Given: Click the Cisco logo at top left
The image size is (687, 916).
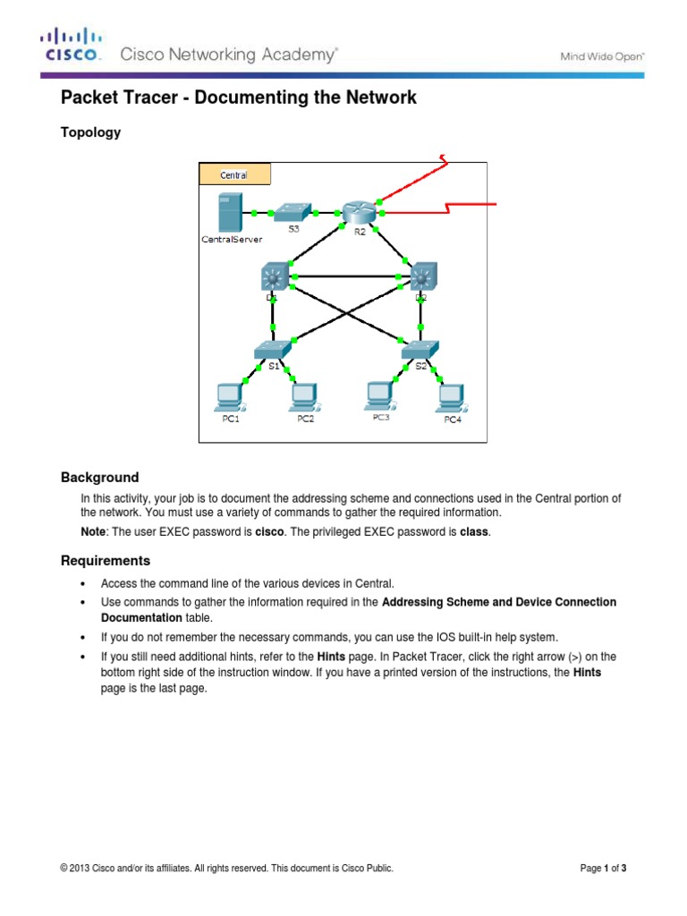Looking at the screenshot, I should tap(71, 46).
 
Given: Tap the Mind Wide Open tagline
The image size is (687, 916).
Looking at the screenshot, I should tap(602, 55).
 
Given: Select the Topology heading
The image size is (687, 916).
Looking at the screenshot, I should tap(89, 132).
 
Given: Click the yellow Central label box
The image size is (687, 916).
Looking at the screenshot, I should tap(234, 174).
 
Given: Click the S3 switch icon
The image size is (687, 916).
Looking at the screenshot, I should tap(293, 212).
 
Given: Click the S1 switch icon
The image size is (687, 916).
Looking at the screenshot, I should tap(273, 350).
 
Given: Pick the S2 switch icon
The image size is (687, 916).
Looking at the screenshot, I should tap(420, 350).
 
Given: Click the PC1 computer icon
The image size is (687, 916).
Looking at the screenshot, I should tap(230, 394).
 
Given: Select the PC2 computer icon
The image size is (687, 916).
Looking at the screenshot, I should tap(304, 394).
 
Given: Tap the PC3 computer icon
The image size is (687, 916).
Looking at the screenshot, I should tap(380, 394).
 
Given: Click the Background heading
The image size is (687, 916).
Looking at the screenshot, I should tap(99, 478).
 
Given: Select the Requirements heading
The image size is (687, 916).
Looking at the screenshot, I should tap(106, 561).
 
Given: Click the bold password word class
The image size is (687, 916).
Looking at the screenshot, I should tap(475, 532).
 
